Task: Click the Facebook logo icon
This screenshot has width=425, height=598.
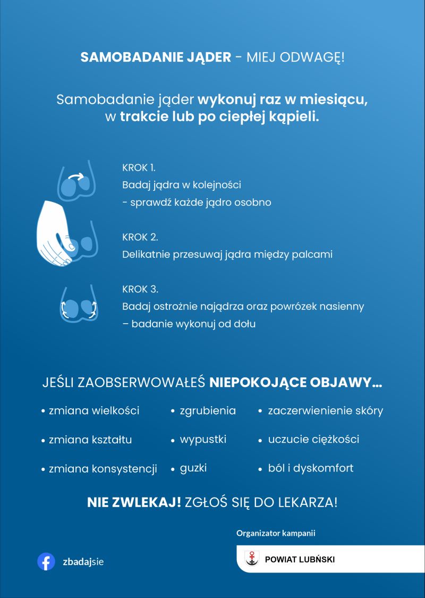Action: tap(46, 562)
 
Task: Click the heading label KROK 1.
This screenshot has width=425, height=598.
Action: tap(139, 167)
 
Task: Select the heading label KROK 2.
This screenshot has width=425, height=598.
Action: tap(140, 237)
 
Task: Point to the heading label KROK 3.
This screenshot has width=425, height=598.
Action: tap(140, 290)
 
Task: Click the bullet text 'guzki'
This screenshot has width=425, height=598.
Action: tap(193, 468)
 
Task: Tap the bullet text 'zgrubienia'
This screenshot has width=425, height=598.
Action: tap(208, 411)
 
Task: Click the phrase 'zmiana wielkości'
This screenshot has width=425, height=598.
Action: tap(94, 411)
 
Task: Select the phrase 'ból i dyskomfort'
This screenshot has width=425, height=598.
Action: tap(311, 468)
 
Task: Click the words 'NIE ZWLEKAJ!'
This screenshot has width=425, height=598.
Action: tap(134, 502)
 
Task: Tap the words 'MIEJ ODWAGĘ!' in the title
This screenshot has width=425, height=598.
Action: tap(295, 57)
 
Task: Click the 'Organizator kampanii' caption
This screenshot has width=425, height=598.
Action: tap(279, 532)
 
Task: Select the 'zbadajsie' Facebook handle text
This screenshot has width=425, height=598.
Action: tap(83, 562)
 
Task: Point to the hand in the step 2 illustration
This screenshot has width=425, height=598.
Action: tap(53, 229)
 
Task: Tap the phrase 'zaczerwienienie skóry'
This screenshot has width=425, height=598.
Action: tap(325, 411)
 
